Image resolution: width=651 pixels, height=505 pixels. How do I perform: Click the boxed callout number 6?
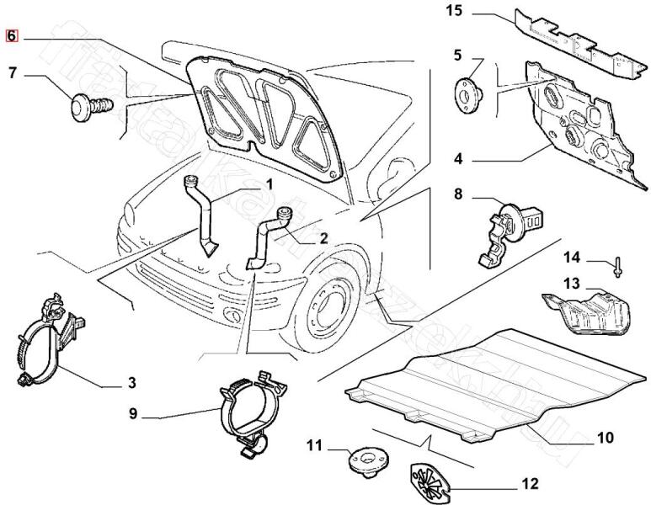point(12,36)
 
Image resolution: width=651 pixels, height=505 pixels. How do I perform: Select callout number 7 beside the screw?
point(13,73)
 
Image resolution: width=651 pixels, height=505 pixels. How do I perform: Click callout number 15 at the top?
point(453,11)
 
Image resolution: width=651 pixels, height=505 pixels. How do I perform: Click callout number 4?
point(458,157)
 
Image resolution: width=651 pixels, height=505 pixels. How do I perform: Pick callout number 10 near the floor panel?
point(605,438)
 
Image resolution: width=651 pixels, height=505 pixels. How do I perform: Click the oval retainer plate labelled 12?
point(430,481)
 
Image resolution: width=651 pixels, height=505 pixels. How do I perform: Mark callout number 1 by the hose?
point(269,184)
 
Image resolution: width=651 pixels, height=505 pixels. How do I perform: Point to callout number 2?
point(323,238)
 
